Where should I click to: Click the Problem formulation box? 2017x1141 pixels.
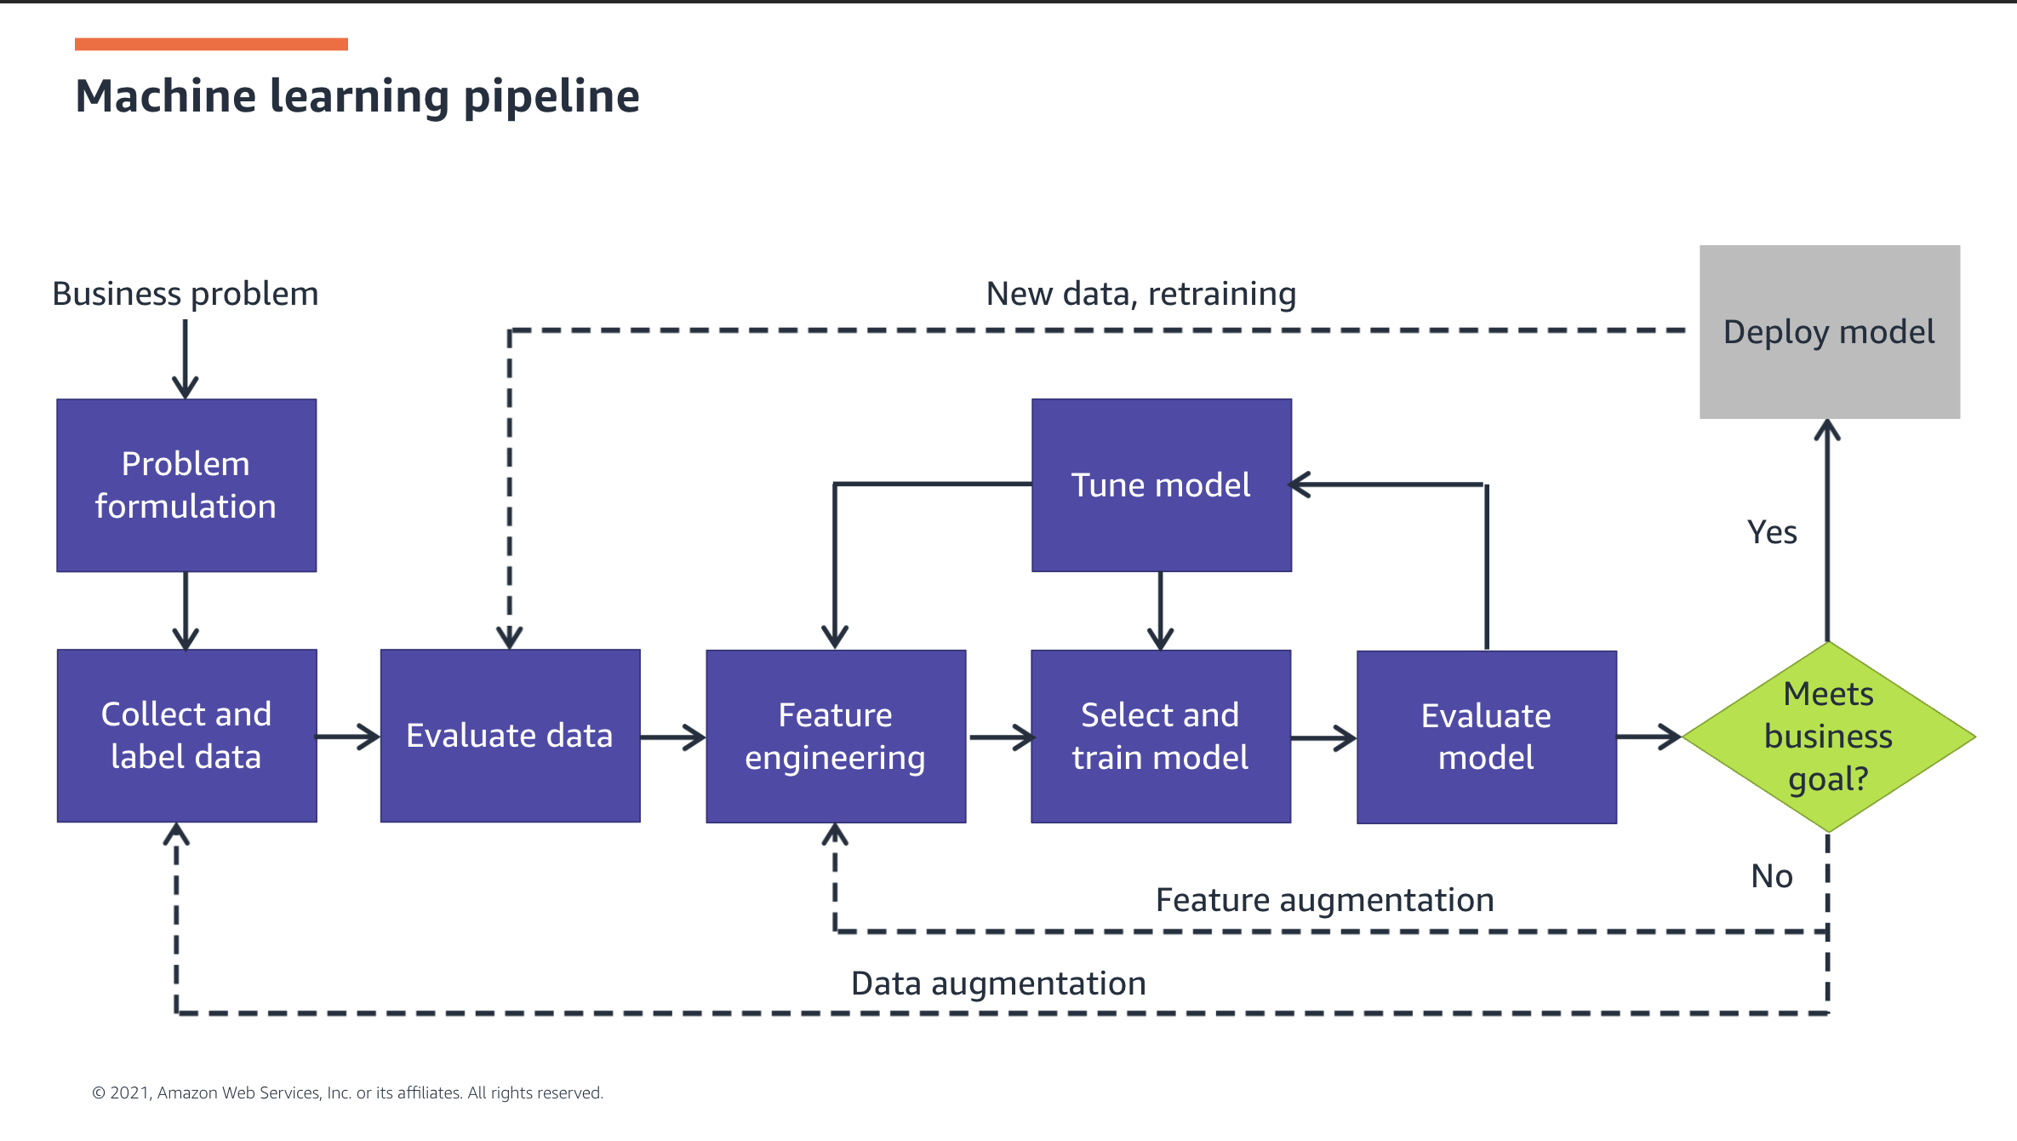(186, 485)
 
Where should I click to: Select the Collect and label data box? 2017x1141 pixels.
(187, 736)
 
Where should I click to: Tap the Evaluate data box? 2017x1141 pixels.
(510, 736)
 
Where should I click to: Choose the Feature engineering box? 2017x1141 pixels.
(836, 737)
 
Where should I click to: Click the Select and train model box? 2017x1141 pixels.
(1161, 737)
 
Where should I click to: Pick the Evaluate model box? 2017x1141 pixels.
(1487, 737)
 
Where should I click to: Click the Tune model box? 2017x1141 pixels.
(1162, 485)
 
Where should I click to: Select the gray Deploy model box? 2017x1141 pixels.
(1830, 332)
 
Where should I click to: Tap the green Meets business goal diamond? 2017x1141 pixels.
(1829, 737)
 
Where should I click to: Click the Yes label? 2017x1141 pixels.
(1772, 532)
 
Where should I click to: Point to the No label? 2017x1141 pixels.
(1772, 876)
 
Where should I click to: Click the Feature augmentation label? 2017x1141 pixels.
(1324, 901)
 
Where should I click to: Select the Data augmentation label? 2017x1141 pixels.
(998, 984)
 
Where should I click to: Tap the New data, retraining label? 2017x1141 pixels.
(1141, 294)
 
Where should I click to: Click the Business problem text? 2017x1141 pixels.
(186, 295)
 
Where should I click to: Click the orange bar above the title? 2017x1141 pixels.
(211, 44)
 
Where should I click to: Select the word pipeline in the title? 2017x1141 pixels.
(551, 97)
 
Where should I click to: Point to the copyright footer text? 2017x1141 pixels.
(347, 1092)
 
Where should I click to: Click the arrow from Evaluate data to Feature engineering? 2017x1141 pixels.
(673, 737)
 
